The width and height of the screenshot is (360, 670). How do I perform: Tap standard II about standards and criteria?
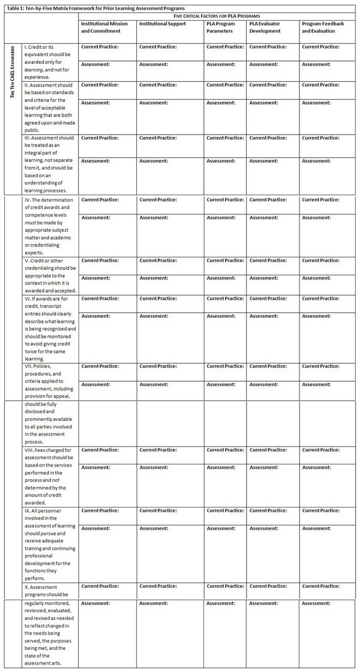point(50,107)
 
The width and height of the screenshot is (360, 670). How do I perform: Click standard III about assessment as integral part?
point(50,164)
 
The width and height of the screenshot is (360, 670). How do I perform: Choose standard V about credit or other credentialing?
point(50,275)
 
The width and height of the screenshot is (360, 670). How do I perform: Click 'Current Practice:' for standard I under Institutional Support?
point(158,47)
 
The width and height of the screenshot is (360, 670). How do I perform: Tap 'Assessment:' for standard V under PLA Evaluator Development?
point(264,278)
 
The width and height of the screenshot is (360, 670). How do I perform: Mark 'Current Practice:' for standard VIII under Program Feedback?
point(321,450)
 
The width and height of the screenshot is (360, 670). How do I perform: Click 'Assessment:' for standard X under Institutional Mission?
point(95,603)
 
